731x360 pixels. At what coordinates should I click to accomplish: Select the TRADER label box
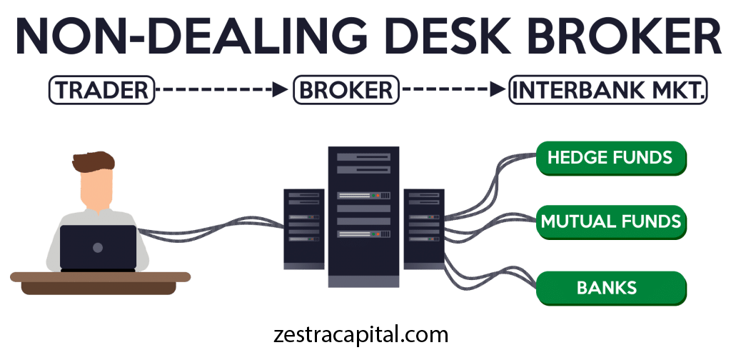101,90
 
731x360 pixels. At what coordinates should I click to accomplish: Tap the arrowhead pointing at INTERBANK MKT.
496,90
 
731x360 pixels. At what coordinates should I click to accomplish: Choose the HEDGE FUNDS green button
610,158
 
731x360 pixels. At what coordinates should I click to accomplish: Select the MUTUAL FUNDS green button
610,221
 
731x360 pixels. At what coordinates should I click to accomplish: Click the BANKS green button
610,288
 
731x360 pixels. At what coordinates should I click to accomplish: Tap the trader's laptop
98,247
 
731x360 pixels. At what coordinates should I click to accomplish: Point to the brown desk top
100,276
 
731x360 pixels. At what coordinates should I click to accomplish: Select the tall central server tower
363,214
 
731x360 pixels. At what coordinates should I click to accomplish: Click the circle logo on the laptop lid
98,247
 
